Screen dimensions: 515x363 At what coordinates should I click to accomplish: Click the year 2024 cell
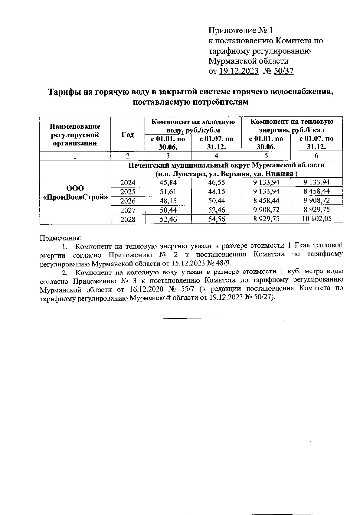pyautogui.click(x=128, y=182)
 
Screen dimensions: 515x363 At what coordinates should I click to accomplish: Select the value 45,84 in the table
pyautogui.click(x=168, y=182)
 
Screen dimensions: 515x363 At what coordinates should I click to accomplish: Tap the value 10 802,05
pyautogui.click(x=317, y=219)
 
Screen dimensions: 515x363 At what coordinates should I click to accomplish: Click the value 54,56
pyautogui.click(x=217, y=219)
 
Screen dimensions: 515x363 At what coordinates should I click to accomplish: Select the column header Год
pyautogui.click(x=128, y=135)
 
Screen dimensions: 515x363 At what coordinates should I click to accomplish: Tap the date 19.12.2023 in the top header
pyautogui.click(x=239, y=71)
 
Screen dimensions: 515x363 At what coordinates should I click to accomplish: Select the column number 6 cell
pyautogui.click(x=316, y=156)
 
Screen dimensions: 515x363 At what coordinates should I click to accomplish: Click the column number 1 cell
pyautogui.click(x=75, y=156)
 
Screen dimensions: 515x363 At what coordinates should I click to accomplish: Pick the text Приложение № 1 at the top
pyautogui.click(x=241, y=30)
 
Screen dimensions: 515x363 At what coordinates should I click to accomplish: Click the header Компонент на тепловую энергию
pyautogui.click(x=292, y=125)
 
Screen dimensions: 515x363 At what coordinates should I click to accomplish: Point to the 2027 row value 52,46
pyautogui.click(x=217, y=210)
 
